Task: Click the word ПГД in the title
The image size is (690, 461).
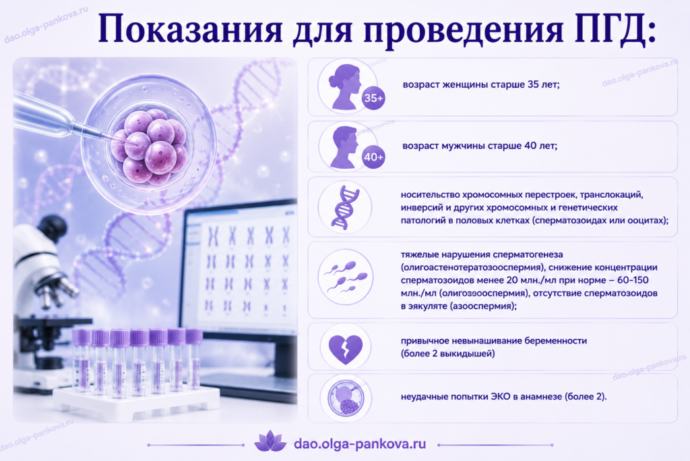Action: pyautogui.click(x=615, y=29)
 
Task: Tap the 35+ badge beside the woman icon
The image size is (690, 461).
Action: pyautogui.click(x=373, y=98)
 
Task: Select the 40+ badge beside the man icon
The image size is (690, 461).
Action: pyautogui.click(x=373, y=157)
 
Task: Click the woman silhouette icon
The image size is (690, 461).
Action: pyautogui.click(x=346, y=86)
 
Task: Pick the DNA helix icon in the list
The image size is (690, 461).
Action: pyautogui.click(x=345, y=208)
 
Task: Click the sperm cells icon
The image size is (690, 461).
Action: pyautogui.click(x=346, y=277)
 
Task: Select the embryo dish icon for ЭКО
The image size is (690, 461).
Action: pyautogui.click(x=346, y=398)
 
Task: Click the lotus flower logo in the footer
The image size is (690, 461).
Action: pyautogui.click(x=270, y=441)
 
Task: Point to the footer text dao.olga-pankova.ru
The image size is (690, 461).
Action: pyautogui.click(x=360, y=443)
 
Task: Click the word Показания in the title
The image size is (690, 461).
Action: pyautogui.click(x=189, y=29)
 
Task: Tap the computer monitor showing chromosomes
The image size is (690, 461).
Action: pyautogui.click(x=241, y=269)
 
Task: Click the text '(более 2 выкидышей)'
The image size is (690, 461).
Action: pyautogui.click(x=447, y=354)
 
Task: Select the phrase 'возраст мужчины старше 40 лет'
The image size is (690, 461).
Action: pyautogui.click(x=480, y=145)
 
